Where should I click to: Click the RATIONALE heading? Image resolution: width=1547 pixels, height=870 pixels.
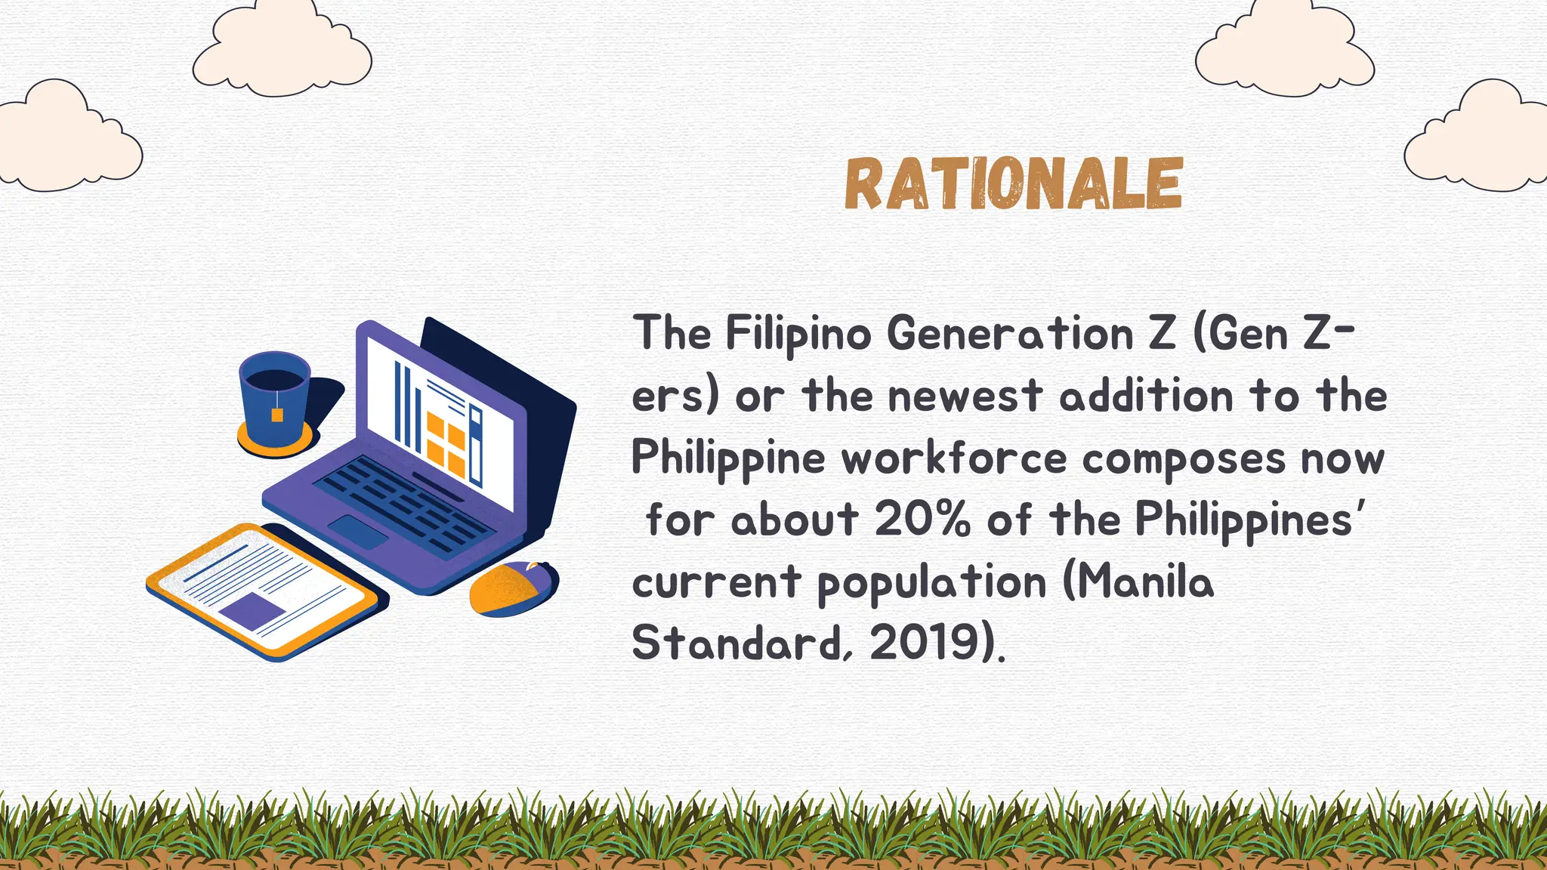coord(1013,184)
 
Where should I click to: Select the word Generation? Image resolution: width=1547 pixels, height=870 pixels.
coord(1009,333)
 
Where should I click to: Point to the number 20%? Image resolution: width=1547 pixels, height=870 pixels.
coord(922,520)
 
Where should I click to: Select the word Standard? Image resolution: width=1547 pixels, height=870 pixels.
coord(736,643)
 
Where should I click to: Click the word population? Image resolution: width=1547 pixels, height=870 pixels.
coord(932,583)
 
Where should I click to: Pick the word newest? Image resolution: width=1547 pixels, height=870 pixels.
coord(965,396)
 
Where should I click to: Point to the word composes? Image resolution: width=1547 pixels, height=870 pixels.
coord(1183,458)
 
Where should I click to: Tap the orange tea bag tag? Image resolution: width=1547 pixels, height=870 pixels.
coord(277,414)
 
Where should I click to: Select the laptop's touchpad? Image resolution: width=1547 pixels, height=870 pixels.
coord(358,532)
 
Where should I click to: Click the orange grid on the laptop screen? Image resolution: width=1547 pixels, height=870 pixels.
coord(446,444)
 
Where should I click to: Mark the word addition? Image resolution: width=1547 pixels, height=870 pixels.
coord(1146,396)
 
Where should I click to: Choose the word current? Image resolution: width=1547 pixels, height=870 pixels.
coord(715,582)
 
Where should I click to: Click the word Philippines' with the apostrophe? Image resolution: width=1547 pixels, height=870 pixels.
coord(1251,520)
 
